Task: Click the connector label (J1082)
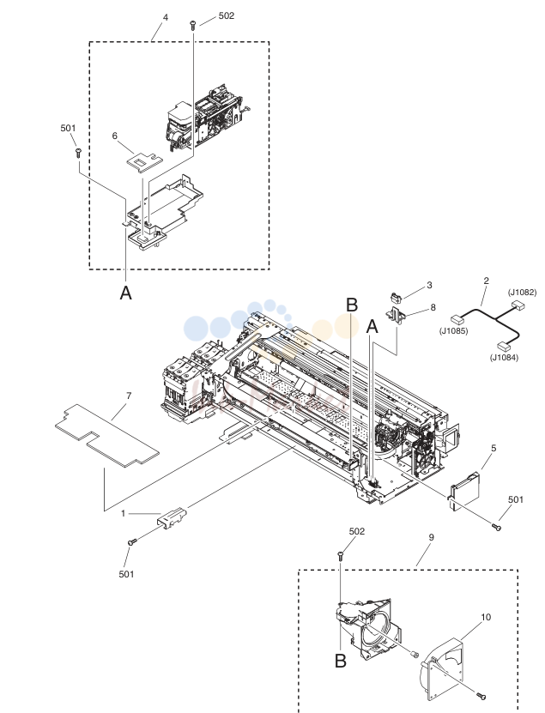click(x=522, y=293)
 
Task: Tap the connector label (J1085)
click(x=453, y=331)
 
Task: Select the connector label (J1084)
click(x=504, y=358)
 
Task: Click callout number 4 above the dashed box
click(x=166, y=17)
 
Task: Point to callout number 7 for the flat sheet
click(x=129, y=396)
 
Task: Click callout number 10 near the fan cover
click(x=486, y=617)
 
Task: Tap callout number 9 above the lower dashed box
click(x=431, y=537)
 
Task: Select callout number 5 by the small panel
click(x=494, y=448)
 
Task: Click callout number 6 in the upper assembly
click(x=115, y=136)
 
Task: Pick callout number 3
click(x=429, y=285)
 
